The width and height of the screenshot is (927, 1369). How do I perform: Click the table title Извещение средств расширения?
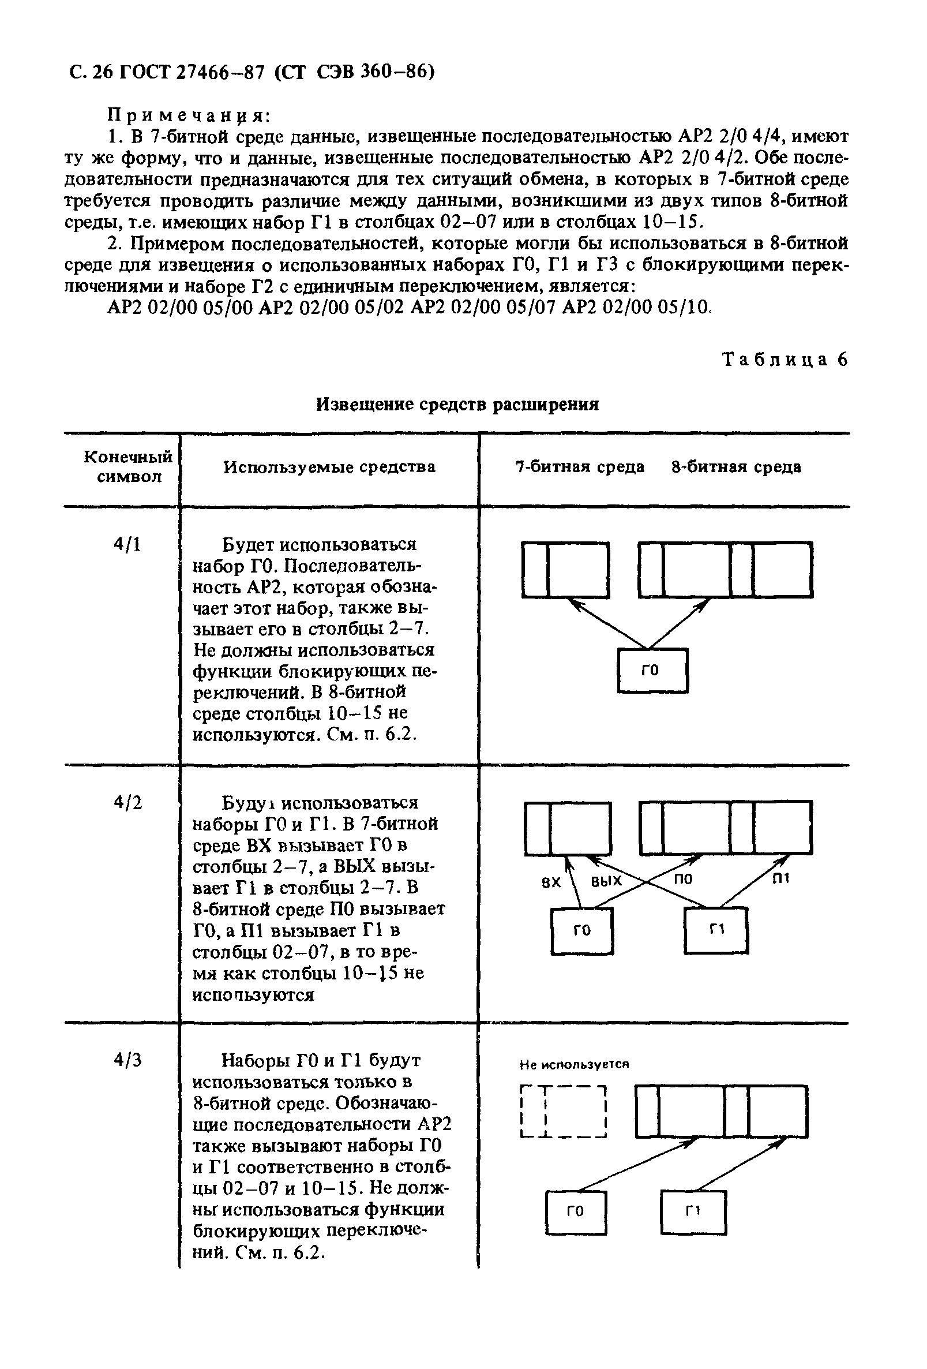pyautogui.click(x=457, y=405)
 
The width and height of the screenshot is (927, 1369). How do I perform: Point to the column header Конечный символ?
pyautogui.click(x=129, y=466)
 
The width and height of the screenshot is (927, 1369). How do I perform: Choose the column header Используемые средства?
pyautogui.click(x=329, y=467)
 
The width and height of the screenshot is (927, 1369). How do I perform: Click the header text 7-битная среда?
pyautogui.click(x=580, y=467)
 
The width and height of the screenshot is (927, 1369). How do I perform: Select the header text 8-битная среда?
pyautogui.click(x=736, y=467)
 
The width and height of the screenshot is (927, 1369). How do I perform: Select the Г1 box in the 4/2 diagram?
pyautogui.click(x=716, y=930)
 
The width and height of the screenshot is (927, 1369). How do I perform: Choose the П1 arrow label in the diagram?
pyautogui.click(x=780, y=878)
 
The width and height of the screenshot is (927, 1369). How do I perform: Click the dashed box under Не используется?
pyautogui.click(x=564, y=1112)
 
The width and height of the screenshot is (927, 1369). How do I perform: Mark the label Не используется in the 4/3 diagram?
pyautogui.click(x=574, y=1065)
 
